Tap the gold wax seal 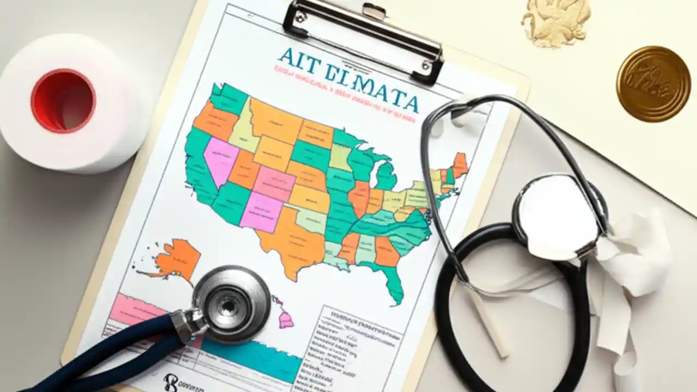[653, 83]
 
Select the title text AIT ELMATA [348, 79]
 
